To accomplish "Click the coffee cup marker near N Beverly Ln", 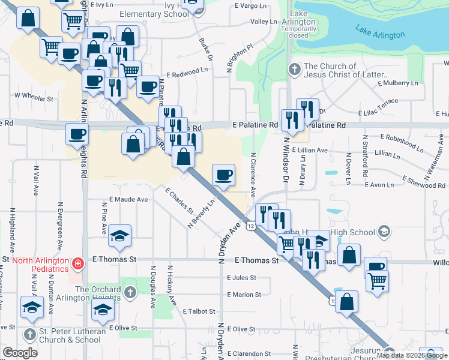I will (223, 175).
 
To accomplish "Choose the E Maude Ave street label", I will (128, 199).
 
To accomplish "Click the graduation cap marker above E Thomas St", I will (120, 237).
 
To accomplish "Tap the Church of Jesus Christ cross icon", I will (294, 68).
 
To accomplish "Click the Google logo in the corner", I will (20, 353).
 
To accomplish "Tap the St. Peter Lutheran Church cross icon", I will (30, 334).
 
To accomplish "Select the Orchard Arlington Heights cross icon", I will (130, 291).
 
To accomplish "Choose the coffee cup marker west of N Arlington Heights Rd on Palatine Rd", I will (76, 134).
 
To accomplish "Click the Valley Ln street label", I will (263, 22).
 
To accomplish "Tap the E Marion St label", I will (244, 295).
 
